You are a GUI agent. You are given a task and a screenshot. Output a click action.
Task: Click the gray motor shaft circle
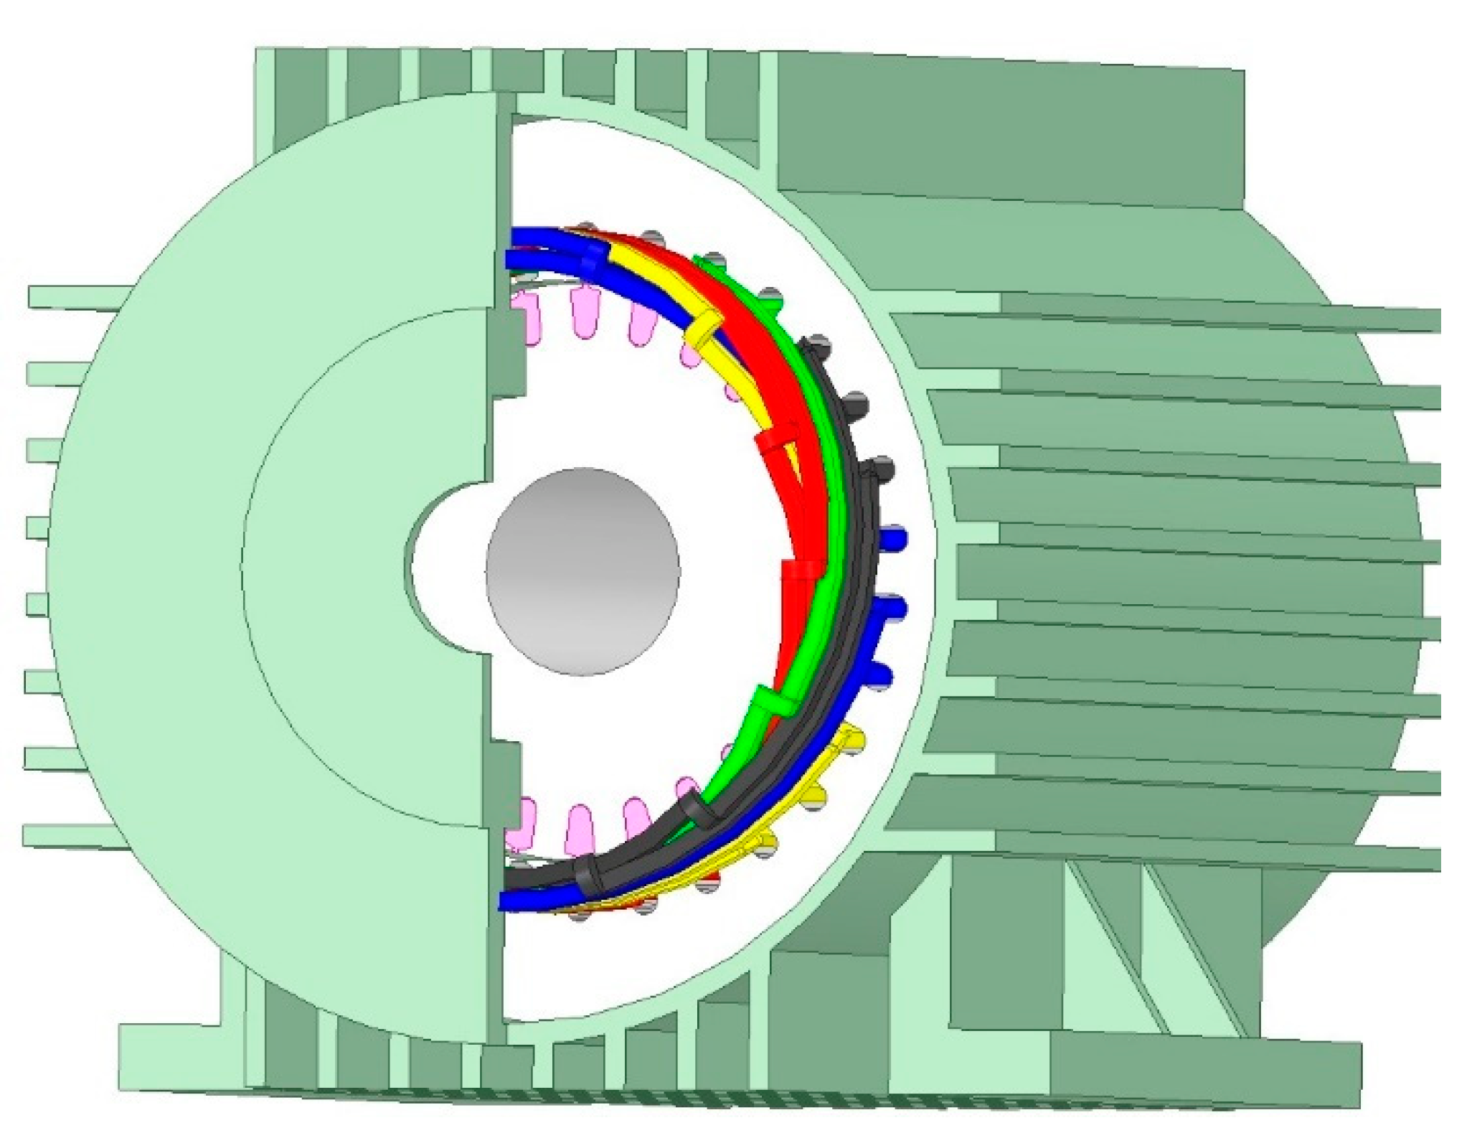[582, 572]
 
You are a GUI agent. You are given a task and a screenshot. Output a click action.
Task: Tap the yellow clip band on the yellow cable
[702, 329]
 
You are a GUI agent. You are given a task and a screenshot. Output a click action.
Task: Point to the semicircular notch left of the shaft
[445, 567]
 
